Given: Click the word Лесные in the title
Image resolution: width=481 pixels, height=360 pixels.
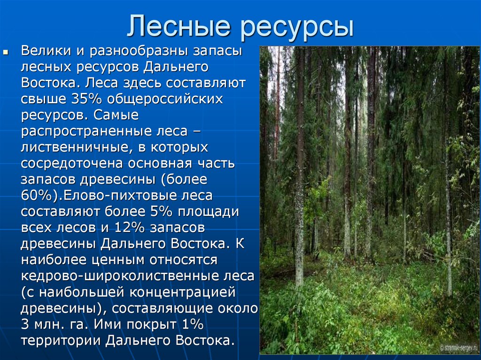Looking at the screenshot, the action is click(x=178, y=26).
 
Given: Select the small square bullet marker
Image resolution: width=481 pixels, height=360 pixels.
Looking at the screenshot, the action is click(x=5, y=53).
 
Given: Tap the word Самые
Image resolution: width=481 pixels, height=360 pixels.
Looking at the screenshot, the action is click(x=116, y=115).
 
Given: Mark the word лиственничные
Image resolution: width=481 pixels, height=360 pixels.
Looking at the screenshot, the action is click(x=78, y=147).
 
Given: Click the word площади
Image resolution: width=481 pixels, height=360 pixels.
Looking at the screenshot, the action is click(x=208, y=212).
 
